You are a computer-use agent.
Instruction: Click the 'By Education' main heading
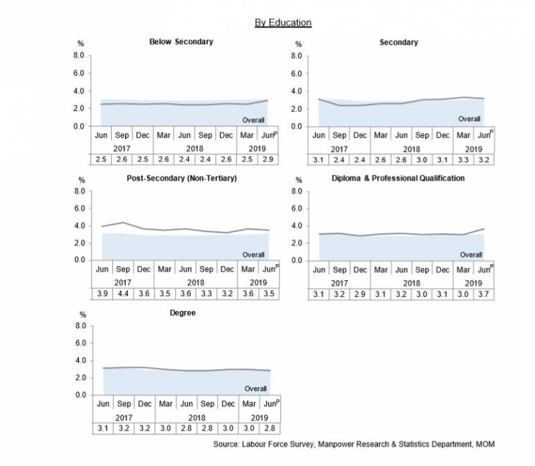(x=283, y=23)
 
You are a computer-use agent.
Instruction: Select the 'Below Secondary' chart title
(x=181, y=42)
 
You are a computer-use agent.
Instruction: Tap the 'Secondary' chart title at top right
(x=399, y=42)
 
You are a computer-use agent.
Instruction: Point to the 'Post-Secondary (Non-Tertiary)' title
(x=181, y=179)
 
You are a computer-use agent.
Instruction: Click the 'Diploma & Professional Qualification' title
(x=398, y=179)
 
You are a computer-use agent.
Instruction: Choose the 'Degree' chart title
(x=181, y=313)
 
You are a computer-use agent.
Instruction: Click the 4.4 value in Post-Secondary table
(x=124, y=294)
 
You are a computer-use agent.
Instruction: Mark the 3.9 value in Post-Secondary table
(x=102, y=294)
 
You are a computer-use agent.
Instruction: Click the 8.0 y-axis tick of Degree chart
(x=80, y=326)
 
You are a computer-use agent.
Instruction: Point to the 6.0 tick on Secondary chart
(x=298, y=74)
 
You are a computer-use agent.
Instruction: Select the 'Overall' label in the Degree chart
(x=254, y=388)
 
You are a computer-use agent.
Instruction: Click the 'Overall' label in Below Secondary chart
(x=254, y=120)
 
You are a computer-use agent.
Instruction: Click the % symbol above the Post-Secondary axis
(x=82, y=180)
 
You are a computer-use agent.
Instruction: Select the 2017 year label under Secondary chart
(x=340, y=148)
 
